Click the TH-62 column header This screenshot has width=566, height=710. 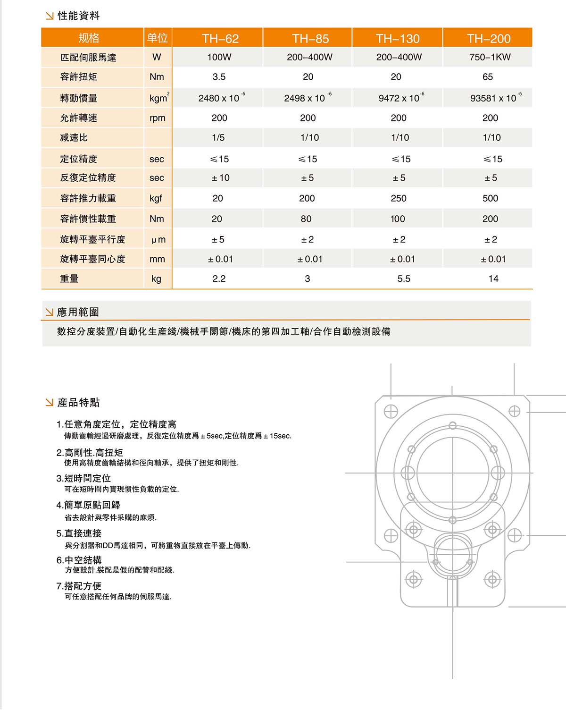[220, 38]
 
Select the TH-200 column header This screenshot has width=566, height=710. [489, 38]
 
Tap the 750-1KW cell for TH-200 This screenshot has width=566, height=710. [490, 57]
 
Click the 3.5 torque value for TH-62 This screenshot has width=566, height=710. [219, 77]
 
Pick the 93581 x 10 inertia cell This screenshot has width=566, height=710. [493, 98]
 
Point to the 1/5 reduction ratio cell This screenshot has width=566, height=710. [218, 138]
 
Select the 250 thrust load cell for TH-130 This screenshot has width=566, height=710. [398, 198]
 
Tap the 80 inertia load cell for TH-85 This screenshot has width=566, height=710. [306, 219]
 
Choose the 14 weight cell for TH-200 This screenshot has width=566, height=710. [493, 279]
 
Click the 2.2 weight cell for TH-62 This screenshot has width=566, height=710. [219, 279]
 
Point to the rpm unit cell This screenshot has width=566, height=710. [158, 118]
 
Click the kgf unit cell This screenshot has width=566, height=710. [156, 198]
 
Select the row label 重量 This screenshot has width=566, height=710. [69, 279]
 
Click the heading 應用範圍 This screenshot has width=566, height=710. [78, 312]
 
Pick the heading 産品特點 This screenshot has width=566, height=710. [79, 402]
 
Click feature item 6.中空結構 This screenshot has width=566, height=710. [79, 560]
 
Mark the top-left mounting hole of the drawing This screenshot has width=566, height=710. [391, 412]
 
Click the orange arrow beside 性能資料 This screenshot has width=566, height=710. [50, 16]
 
